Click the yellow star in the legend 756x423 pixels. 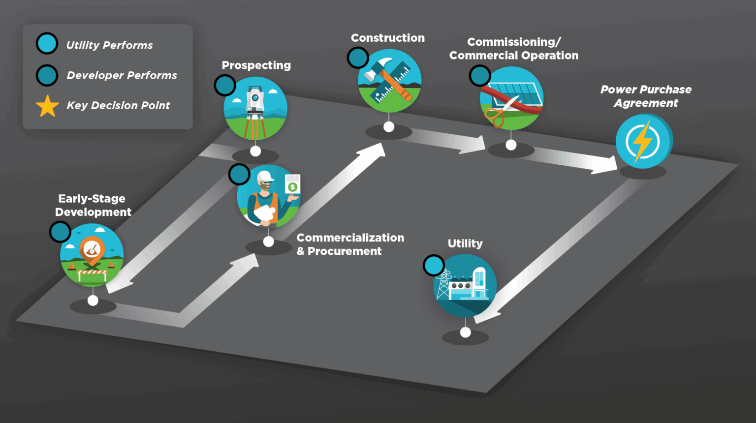pyautogui.click(x=47, y=106)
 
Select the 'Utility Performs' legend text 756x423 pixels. pyautogui.click(x=109, y=45)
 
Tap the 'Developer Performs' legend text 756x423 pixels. pyautogui.click(x=122, y=75)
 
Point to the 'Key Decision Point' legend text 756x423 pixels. pyautogui.click(x=118, y=105)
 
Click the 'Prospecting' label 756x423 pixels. pyautogui.click(x=256, y=65)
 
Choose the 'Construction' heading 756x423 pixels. pyautogui.click(x=387, y=38)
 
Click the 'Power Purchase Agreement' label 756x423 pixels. pyautogui.click(x=646, y=96)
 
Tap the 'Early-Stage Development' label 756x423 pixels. pyautogui.click(x=93, y=205)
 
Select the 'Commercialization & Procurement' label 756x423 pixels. pyautogui.click(x=350, y=244)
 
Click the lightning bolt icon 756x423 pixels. pyautogui.click(x=642, y=142)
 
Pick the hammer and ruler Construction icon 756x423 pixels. pyautogui.click(x=390, y=81)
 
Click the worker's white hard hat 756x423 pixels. pyautogui.click(x=265, y=177)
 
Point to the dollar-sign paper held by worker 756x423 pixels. pyautogui.click(x=293, y=184)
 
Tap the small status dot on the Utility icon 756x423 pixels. pyautogui.click(x=434, y=266)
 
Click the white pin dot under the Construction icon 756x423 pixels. pyautogui.click(x=389, y=127)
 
